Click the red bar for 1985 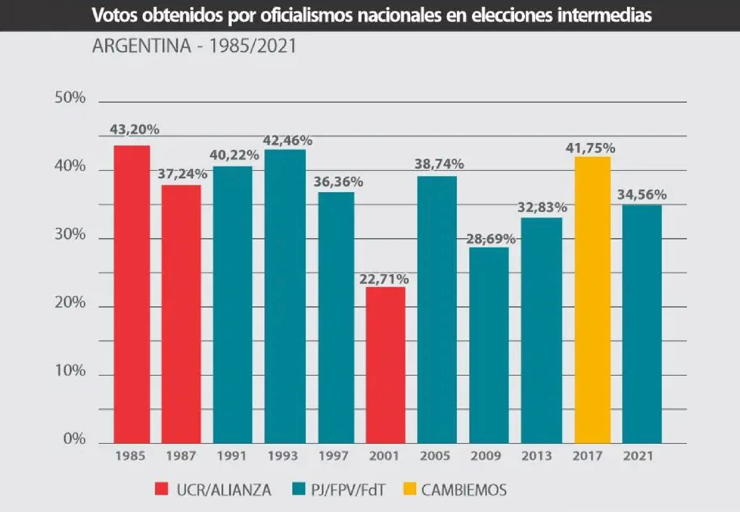tap(132, 294)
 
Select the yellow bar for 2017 tap(592, 300)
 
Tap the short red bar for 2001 tap(386, 365)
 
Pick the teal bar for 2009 tap(489, 345)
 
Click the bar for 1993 tap(285, 296)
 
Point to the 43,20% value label tap(134, 129)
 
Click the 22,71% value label tap(384, 279)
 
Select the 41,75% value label tap(590, 148)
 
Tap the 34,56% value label tap(642, 195)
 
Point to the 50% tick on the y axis tap(70, 98)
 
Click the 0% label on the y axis tap(74, 439)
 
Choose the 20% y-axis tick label tap(70, 303)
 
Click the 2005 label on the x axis tap(435, 456)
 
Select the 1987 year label tap(181, 456)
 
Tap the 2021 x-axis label tap(638, 456)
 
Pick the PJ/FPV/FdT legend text tap(348, 490)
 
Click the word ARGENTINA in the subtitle tap(142, 46)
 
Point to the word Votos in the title tap(114, 16)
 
